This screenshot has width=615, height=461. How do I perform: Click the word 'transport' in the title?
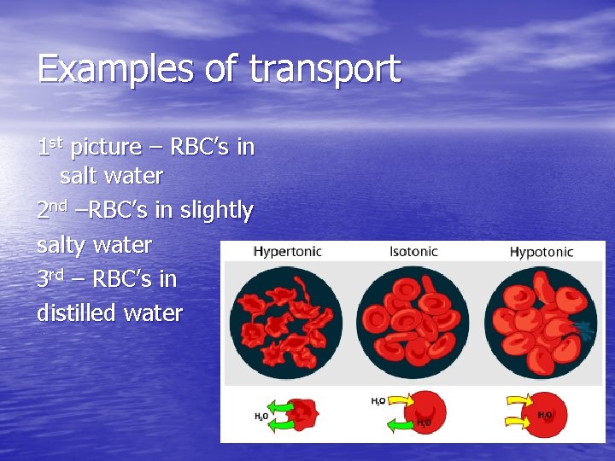click(x=325, y=70)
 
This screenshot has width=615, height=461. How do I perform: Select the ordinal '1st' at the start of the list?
click(x=50, y=147)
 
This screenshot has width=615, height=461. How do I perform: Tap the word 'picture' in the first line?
click(x=106, y=148)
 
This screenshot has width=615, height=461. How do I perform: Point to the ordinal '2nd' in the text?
click(x=54, y=210)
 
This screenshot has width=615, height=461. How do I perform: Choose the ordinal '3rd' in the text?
click(x=52, y=278)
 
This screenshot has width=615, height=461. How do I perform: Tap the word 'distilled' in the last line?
click(x=77, y=312)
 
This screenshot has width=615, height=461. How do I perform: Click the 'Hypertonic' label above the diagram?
click(x=287, y=252)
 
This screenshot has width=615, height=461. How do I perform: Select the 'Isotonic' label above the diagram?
click(x=413, y=252)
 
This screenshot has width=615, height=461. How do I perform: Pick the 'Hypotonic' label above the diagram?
click(x=542, y=252)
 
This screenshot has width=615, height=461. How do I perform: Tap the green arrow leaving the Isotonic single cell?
click(x=399, y=423)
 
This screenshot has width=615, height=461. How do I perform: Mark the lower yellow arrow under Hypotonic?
click(x=518, y=421)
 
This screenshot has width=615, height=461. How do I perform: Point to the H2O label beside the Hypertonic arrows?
click(x=261, y=417)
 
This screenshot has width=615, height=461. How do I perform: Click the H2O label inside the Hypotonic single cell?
click(x=544, y=415)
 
